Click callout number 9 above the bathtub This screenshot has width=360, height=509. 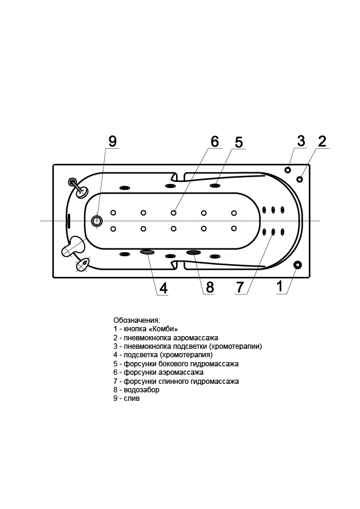pyautogui.click(x=113, y=141)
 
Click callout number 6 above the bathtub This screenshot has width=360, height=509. pyautogui.click(x=215, y=142)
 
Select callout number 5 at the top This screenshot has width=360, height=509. pyautogui.click(x=239, y=143)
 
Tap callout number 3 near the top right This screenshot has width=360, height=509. pyautogui.click(x=301, y=141)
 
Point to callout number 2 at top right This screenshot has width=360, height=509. pyautogui.click(x=322, y=141)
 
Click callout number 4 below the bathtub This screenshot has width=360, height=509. pyautogui.click(x=163, y=288)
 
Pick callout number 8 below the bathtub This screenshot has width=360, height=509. pyautogui.click(x=210, y=287)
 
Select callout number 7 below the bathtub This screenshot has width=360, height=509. pyautogui.click(x=240, y=287)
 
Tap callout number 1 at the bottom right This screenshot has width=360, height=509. pyautogui.click(x=280, y=287)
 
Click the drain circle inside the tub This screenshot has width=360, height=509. pyautogui.click(x=96, y=221)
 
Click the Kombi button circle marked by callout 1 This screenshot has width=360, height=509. pyautogui.click(x=297, y=265)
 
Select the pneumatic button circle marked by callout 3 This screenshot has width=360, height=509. pyautogui.click(x=287, y=170)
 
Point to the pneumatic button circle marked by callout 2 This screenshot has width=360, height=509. pyautogui.click(x=299, y=179)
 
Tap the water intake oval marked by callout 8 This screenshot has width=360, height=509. pyautogui.click(x=194, y=252)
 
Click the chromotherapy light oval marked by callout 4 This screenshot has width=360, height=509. pyautogui.click(x=147, y=251)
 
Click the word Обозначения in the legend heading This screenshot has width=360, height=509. pyautogui.click(x=137, y=320)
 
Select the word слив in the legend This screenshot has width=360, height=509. pyautogui.click(x=131, y=398)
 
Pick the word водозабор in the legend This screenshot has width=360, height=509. pyautogui.click(x=142, y=389)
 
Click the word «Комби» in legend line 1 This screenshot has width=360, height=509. pyautogui.click(x=165, y=329)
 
